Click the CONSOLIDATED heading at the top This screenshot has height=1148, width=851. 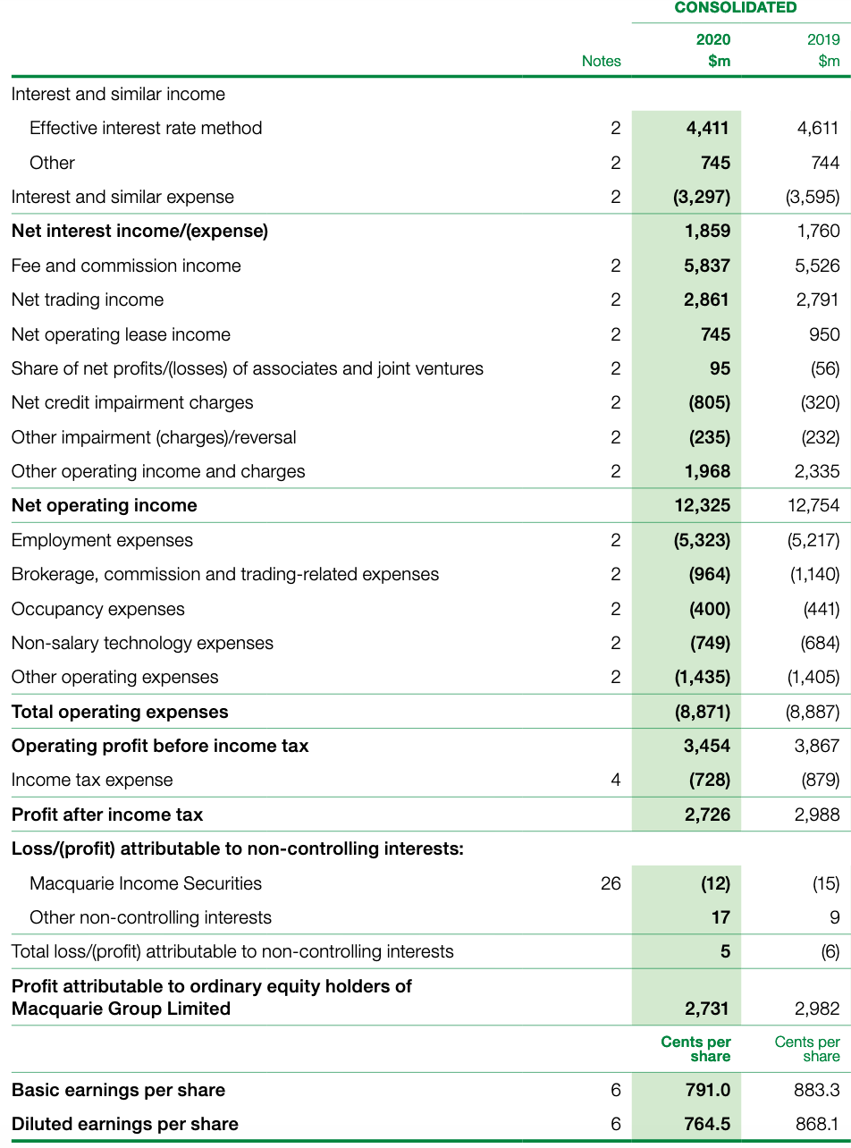735,8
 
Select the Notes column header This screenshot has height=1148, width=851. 601,61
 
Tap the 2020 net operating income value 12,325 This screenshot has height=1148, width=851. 702,505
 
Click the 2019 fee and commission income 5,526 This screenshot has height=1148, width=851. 817,266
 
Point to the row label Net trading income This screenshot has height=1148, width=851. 88,300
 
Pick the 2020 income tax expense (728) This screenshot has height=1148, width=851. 709,780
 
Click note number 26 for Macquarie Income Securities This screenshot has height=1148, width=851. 611,883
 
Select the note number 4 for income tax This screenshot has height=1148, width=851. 615,780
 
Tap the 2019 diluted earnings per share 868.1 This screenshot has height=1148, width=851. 817,1124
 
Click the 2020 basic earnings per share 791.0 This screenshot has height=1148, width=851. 707,1090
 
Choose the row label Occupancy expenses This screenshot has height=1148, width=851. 98,609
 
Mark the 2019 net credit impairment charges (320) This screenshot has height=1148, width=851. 820,402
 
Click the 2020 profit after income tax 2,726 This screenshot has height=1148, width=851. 707,815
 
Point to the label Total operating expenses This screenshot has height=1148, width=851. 120,712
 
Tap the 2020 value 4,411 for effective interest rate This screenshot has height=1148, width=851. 707,128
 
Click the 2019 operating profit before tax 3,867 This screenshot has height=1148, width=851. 817,746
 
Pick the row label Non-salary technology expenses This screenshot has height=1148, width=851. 142,643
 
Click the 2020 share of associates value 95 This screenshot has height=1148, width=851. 720,368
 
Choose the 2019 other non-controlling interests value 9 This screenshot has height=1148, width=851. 834,917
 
